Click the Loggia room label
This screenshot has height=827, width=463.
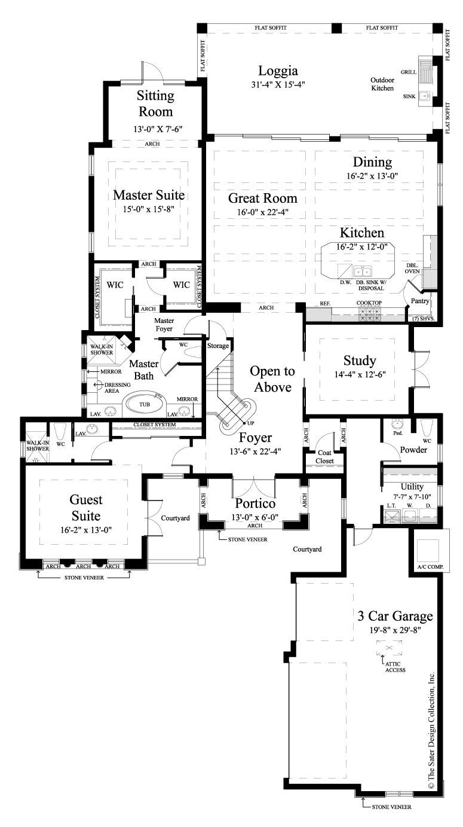point(278,71)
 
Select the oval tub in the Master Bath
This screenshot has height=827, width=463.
point(145,404)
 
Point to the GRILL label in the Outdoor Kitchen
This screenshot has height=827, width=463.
point(409,71)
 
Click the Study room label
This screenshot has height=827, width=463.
point(360,361)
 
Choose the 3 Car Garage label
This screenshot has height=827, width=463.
point(395,617)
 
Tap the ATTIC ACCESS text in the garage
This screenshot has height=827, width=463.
point(395,666)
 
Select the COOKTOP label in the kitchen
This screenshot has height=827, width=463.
point(369,303)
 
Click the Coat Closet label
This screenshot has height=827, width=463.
point(325,456)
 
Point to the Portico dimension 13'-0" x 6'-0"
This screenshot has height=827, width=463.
point(255,517)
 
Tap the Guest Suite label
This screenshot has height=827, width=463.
point(86,507)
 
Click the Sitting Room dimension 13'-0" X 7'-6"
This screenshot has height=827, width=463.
point(157,129)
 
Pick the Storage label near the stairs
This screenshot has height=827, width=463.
point(218,346)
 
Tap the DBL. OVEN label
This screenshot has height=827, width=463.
point(413,268)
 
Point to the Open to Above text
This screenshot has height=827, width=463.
point(271,379)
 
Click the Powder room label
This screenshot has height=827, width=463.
point(413,450)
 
